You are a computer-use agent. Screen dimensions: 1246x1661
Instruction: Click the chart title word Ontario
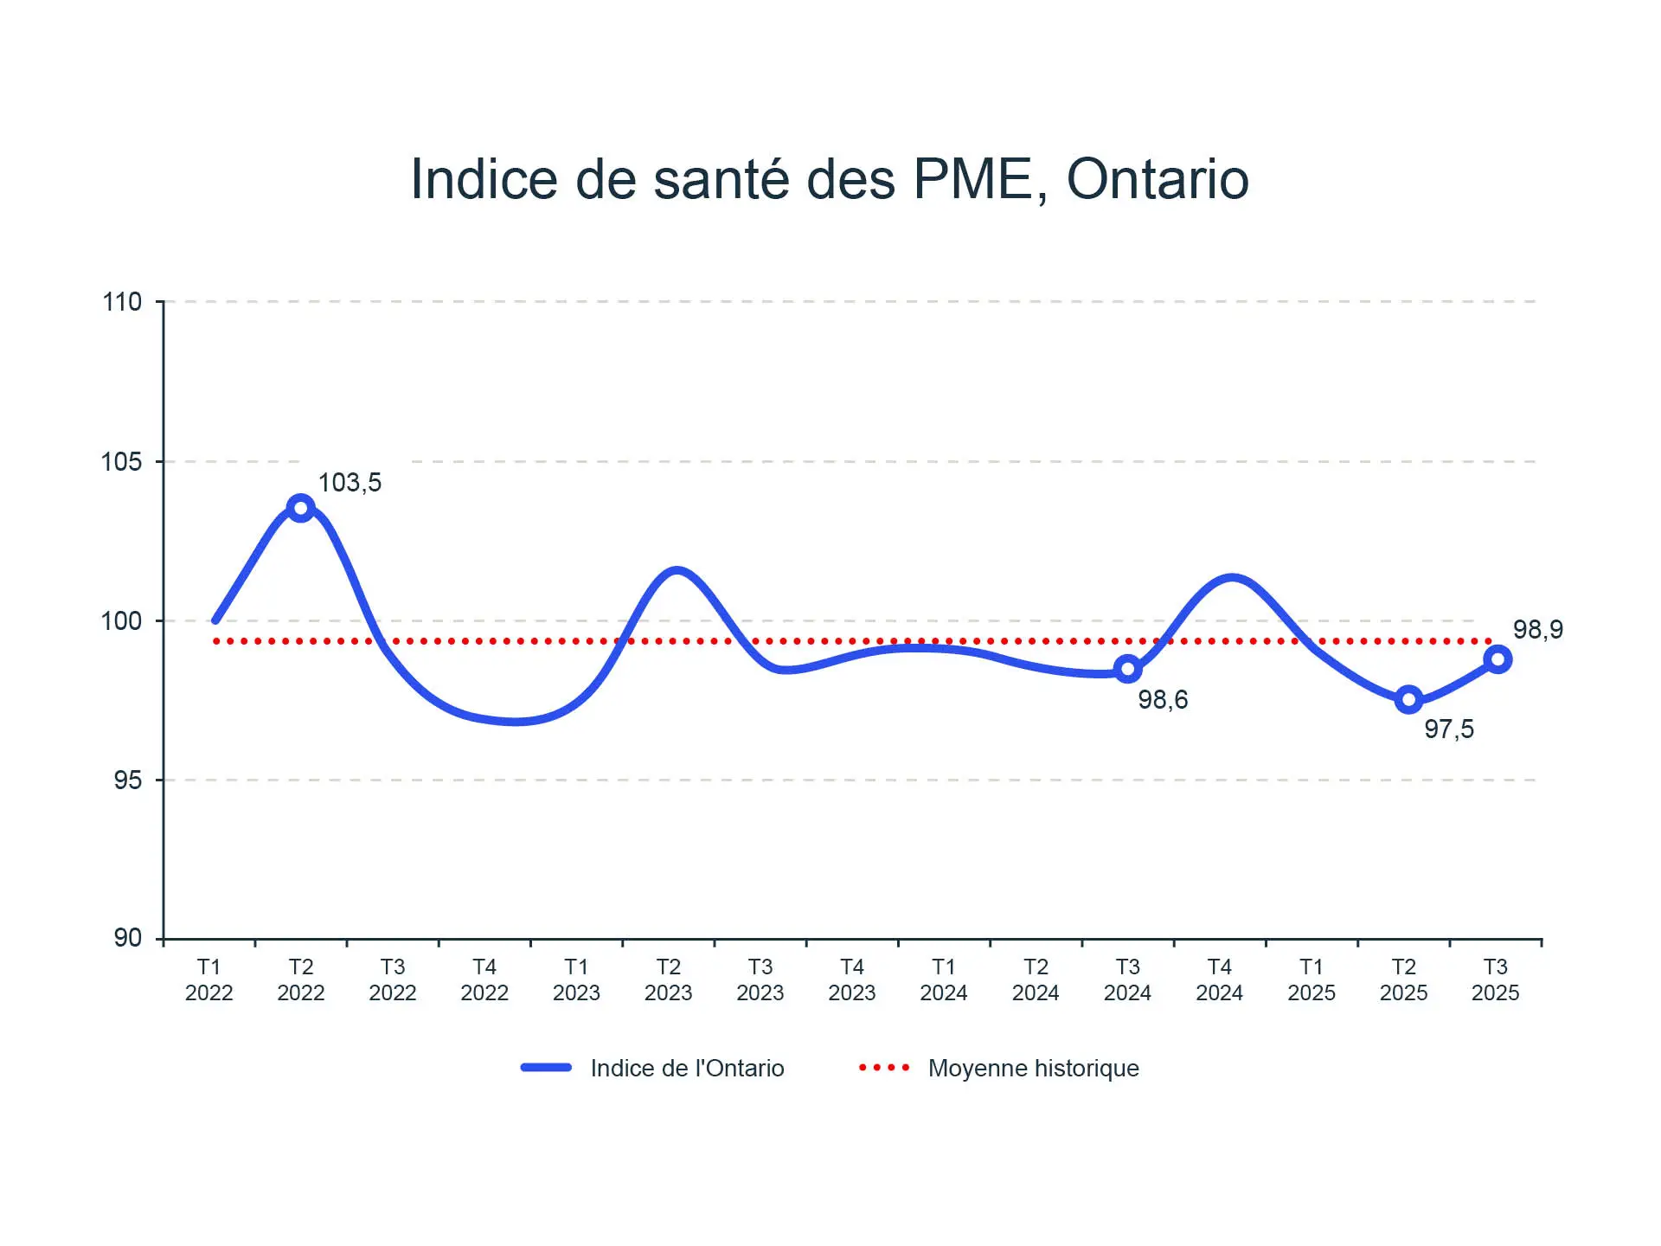point(1158,180)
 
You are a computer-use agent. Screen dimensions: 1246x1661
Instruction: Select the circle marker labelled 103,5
point(300,508)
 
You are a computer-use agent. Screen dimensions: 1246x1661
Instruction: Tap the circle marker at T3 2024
point(1127,668)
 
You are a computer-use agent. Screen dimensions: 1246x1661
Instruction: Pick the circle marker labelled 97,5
point(1408,699)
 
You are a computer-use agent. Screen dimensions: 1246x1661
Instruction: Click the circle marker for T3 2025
point(1497,659)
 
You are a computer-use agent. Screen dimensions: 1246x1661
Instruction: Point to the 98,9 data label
point(1537,630)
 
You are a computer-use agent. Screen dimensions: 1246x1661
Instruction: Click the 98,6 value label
point(1163,699)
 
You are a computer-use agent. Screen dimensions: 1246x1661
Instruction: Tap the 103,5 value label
point(350,483)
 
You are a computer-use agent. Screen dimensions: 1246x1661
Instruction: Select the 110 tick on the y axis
point(122,302)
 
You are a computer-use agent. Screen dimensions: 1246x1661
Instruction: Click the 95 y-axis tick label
point(127,780)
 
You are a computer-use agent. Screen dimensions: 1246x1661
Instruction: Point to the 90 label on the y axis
point(127,938)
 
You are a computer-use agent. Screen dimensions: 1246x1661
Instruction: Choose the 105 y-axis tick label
point(122,461)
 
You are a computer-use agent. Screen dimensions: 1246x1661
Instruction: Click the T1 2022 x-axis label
point(209,979)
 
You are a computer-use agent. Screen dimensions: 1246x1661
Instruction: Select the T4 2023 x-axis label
point(852,979)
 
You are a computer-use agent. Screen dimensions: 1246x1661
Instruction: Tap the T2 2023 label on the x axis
point(668,979)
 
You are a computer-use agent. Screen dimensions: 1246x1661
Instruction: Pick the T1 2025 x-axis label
point(1311,979)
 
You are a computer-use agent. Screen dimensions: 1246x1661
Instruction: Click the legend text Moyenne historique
point(1033,1069)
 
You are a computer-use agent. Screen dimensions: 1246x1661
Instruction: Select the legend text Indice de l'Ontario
point(687,1069)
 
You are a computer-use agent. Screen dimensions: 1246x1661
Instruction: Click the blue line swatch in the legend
point(546,1068)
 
